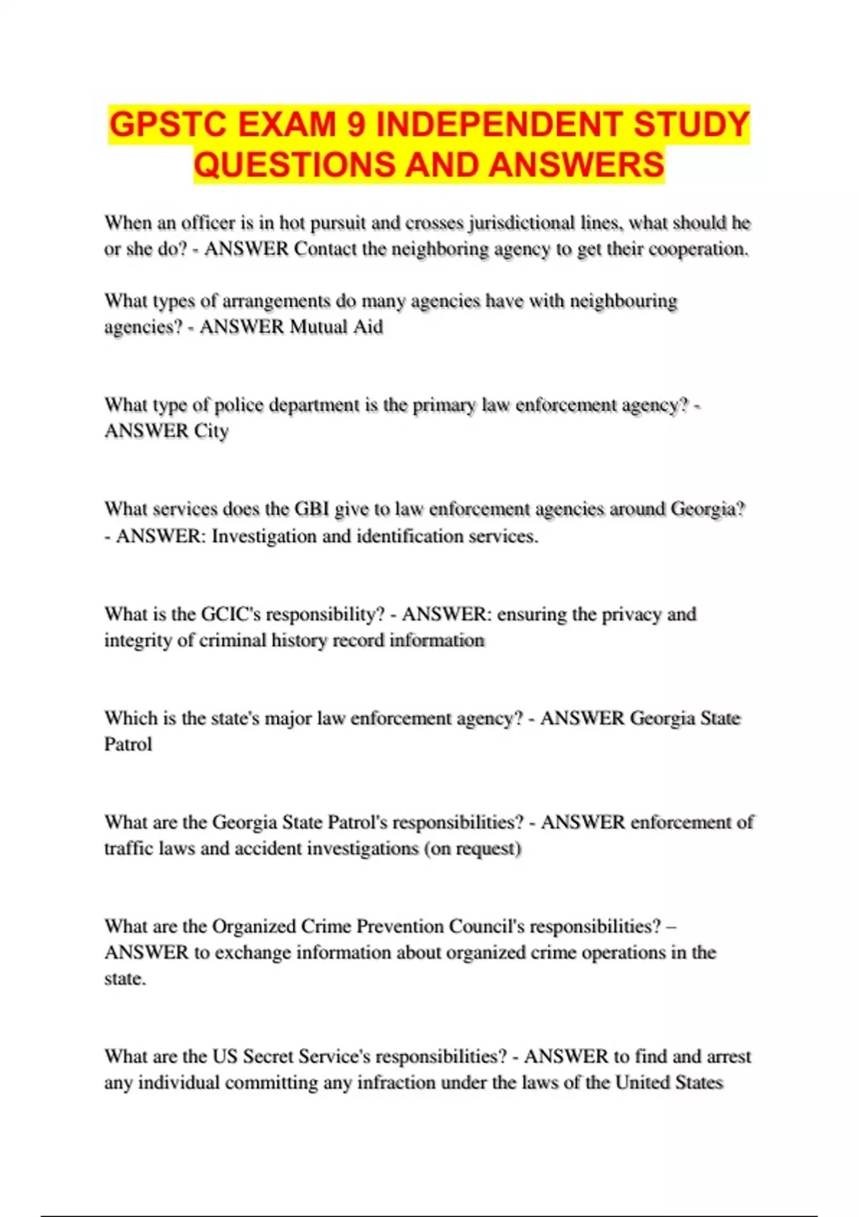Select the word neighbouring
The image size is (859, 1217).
point(623,301)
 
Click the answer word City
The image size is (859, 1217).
point(211,431)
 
